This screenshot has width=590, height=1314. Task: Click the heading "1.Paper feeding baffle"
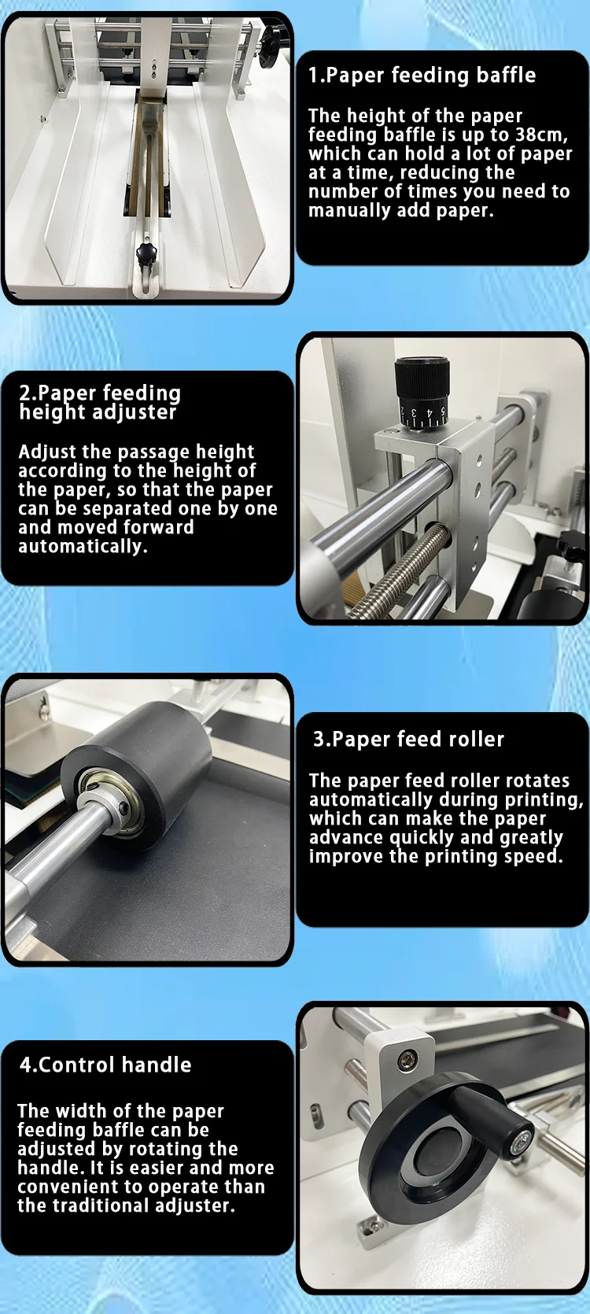(x=422, y=76)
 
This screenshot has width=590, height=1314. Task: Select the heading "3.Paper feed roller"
(x=408, y=740)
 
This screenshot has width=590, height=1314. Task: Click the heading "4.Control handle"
(x=105, y=1065)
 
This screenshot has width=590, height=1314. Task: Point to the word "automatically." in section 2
(x=83, y=547)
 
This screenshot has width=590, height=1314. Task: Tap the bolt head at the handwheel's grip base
(x=521, y=1137)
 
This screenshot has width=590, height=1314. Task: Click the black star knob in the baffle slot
(x=146, y=253)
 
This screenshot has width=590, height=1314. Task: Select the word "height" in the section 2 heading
(x=48, y=412)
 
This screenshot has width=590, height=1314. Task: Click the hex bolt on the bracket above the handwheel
(x=407, y=1058)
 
